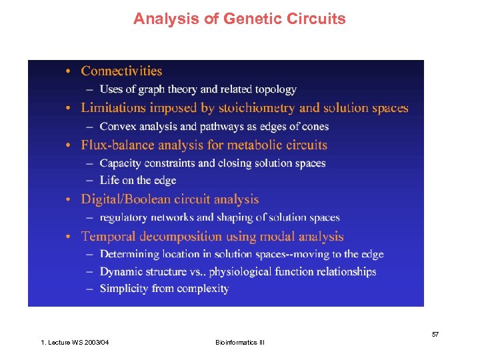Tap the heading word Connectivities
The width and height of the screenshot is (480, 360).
click(121, 71)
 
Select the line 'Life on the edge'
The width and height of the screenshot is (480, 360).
click(138, 181)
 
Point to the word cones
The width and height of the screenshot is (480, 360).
click(314, 127)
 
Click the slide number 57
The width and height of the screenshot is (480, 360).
click(435, 334)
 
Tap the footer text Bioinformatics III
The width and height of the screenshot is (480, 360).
click(240, 343)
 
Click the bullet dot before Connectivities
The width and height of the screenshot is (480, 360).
click(70, 71)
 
